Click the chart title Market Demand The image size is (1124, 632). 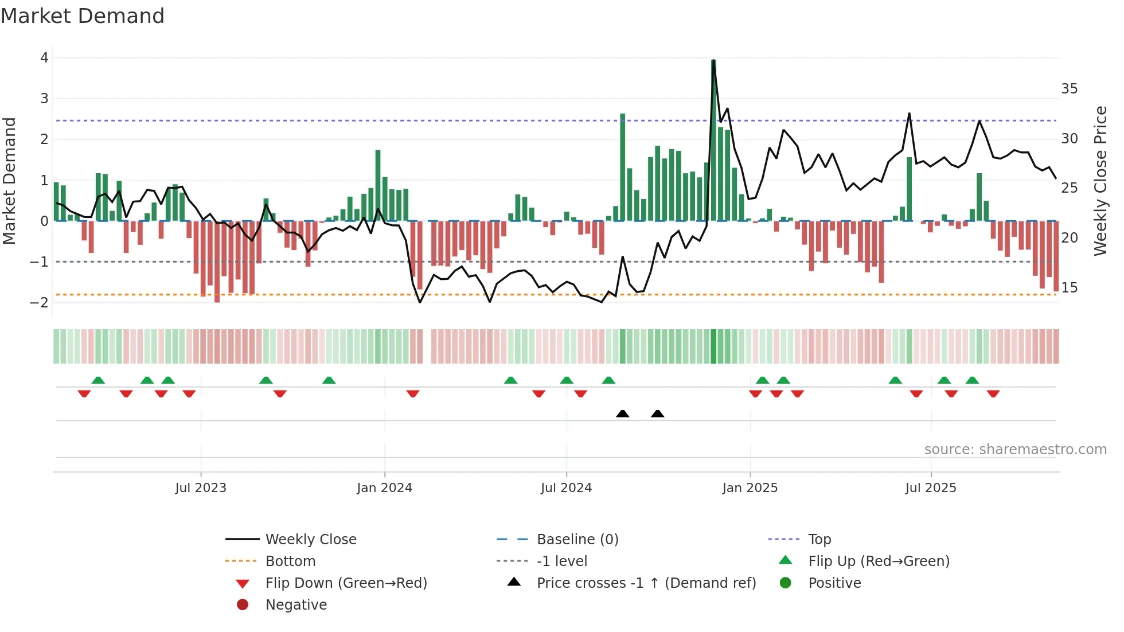83,16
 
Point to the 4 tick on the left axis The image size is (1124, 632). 44,58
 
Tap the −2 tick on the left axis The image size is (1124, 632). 40,303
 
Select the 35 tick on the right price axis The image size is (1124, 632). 1069,89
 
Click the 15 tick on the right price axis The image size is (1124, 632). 1069,288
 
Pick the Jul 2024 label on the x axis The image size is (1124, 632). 566,488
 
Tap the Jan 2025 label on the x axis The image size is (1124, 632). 750,488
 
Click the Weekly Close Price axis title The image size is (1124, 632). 1100,181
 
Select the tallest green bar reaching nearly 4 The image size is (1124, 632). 713,141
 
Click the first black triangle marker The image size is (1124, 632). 622,414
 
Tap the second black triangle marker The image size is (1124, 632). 658,414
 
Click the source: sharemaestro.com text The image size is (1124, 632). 1015,450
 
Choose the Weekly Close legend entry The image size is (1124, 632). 310,540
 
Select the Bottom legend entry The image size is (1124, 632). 290,561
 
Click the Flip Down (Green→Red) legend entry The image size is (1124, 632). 346,583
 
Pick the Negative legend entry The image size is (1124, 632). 296,605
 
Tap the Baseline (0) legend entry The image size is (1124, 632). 577,540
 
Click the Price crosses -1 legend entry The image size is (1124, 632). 646,583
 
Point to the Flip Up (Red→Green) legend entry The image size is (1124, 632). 879,561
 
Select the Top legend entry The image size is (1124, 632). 819,540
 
